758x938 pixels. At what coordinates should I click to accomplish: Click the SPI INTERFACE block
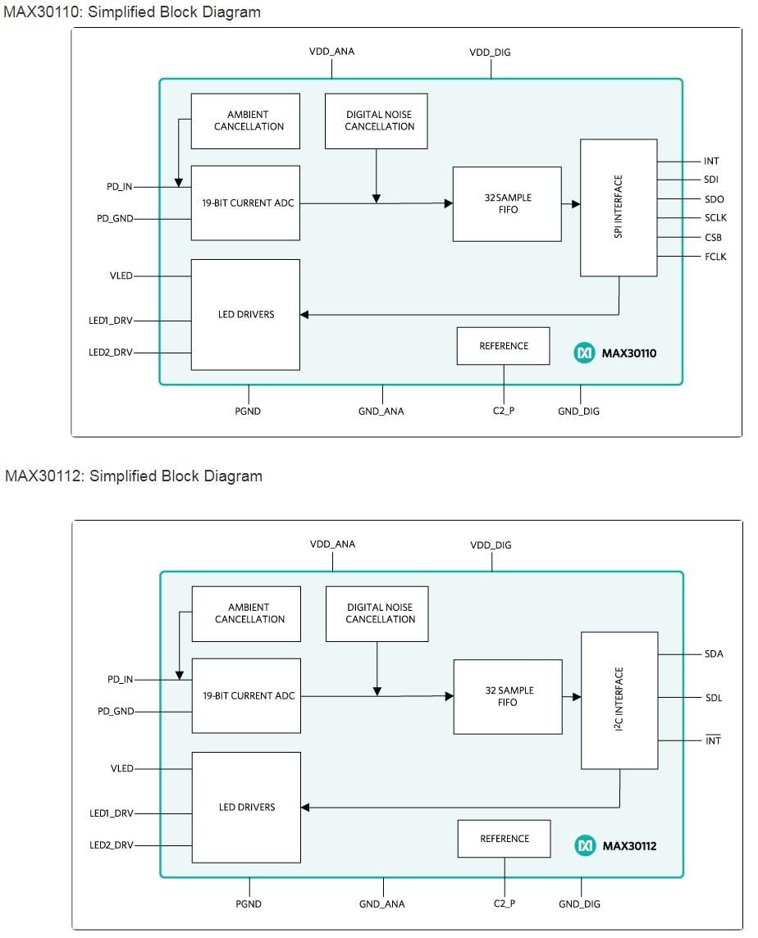point(619,207)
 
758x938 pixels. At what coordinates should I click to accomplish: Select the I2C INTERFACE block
point(619,700)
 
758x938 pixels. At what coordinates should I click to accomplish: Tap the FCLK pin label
point(715,257)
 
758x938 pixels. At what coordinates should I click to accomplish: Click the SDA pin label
point(714,654)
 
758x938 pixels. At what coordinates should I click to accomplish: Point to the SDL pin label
point(714,698)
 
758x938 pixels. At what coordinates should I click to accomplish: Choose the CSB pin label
point(713,238)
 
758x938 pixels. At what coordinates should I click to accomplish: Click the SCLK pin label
point(715,218)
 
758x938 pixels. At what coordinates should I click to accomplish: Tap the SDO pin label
point(714,199)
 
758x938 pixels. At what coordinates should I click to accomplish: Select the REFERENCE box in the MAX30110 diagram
point(504,346)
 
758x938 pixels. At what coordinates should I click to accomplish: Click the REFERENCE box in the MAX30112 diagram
point(505,839)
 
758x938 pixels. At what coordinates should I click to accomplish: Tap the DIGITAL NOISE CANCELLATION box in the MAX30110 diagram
point(376,121)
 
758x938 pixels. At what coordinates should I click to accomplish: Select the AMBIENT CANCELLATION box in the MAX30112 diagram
point(246,613)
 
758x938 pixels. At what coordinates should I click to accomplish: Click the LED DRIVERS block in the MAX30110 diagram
point(245,315)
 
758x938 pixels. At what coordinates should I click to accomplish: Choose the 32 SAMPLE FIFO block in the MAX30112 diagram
point(508,697)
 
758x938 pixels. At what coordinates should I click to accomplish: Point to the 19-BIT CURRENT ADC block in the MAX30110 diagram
point(245,203)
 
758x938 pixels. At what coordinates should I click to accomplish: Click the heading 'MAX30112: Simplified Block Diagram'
point(134,476)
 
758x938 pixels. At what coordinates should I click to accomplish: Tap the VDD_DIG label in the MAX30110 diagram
point(490,52)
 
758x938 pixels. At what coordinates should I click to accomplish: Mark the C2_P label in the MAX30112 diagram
point(505,904)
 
